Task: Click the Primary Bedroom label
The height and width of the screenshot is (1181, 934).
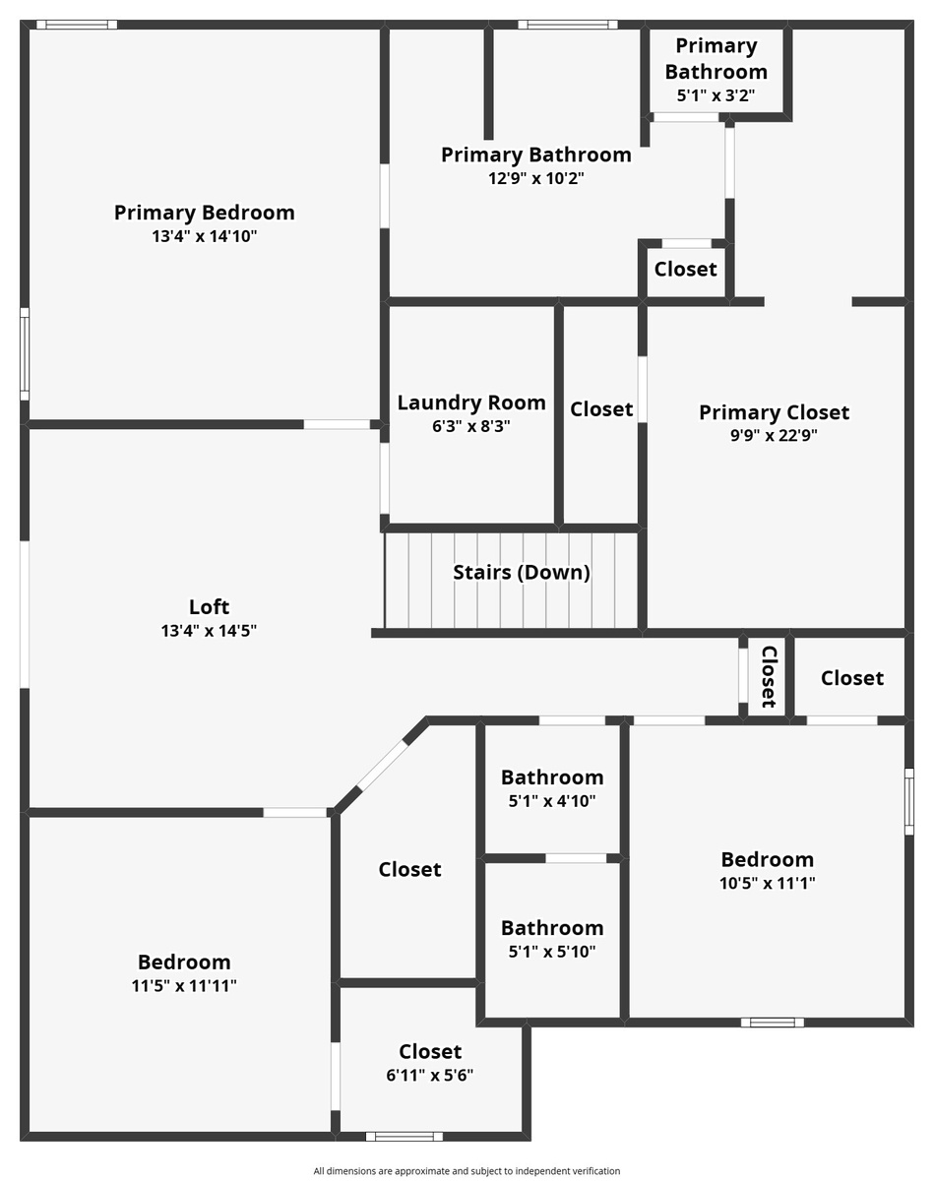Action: tap(204, 213)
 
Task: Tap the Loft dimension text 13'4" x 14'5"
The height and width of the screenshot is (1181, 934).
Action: tap(209, 631)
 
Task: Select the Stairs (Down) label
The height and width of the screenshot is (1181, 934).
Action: tap(522, 573)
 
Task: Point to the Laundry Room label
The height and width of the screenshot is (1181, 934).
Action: tap(471, 403)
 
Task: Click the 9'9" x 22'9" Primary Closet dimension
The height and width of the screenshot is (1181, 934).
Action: tap(774, 435)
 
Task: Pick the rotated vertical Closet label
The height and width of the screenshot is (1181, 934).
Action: tap(769, 677)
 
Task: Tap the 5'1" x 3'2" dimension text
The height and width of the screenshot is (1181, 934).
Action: tap(716, 95)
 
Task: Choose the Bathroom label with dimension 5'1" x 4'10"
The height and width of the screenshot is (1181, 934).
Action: tap(552, 777)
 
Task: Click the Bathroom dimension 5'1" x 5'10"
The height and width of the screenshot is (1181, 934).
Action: tap(552, 951)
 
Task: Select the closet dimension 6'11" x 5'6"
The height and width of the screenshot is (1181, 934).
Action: tap(430, 1075)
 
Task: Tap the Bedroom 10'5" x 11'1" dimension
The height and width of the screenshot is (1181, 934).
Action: tap(767, 883)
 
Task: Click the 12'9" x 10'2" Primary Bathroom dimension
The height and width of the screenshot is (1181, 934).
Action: tap(536, 178)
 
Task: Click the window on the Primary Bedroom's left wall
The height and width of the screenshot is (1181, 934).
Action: tap(25, 354)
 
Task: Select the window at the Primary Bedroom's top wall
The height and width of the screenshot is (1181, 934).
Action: tap(77, 25)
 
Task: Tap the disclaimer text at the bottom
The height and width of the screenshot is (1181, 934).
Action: tap(467, 1171)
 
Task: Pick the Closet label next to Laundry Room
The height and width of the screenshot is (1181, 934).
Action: tap(601, 409)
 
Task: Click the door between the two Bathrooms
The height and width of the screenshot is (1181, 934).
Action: tap(576, 858)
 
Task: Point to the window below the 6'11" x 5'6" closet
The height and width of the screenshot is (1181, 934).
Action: tap(405, 1137)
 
